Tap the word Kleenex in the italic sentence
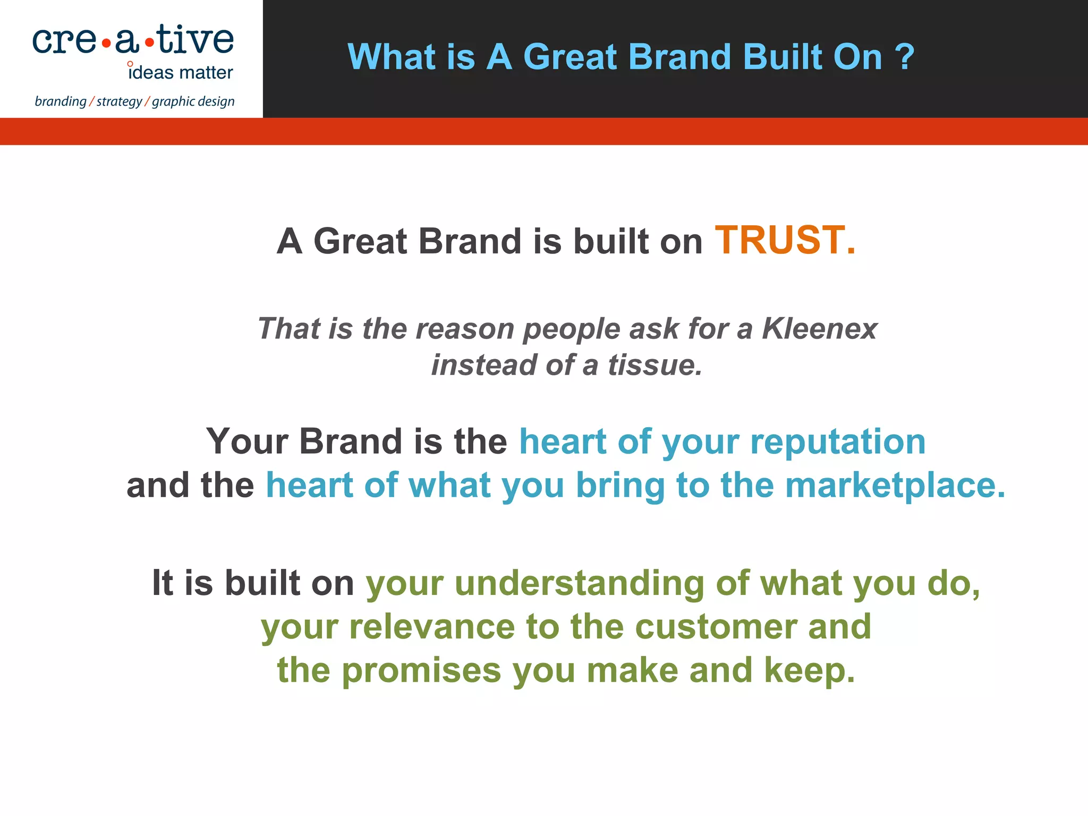pyautogui.click(x=819, y=328)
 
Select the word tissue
pyautogui.click(x=654, y=365)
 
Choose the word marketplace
pyautogui.click(x=895, y=485)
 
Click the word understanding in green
pyautogui.click(x=580, y=583)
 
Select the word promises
pyautogui.click(x=421, y=670)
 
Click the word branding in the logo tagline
pyautogui.click(x=60, y=101)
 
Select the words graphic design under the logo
pyautogui.click(x=193, y=101)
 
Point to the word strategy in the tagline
pyautogui.click(x=119, y=101)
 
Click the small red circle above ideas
pyautogui.click(x=130, y=64)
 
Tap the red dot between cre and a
pyautogui.click(x=106, y=44)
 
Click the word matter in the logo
pyautogui.click(x=206, y=73)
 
